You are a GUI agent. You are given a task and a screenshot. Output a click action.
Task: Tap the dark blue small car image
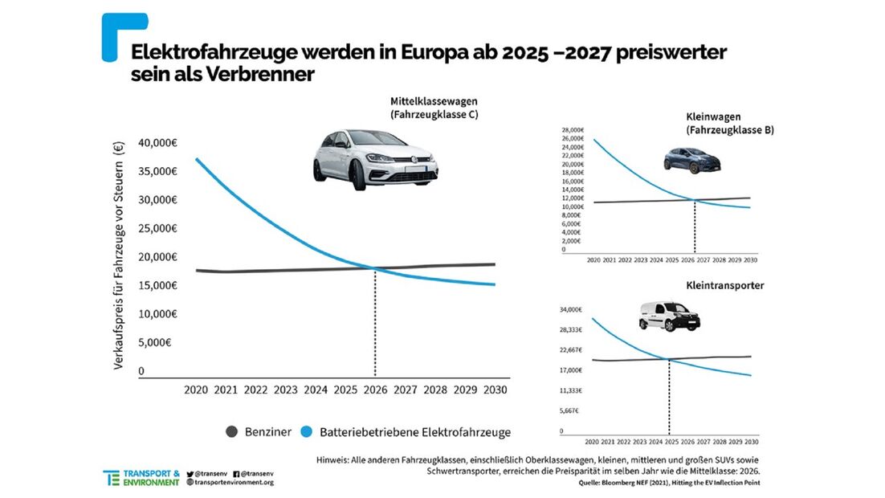point(691,159)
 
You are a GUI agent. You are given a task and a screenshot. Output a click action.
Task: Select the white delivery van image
point(669,316)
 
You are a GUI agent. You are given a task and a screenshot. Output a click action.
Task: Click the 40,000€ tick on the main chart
point(157,143)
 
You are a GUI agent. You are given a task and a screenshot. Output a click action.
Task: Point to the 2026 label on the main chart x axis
point(375,390)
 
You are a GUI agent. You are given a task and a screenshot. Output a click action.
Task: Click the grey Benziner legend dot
point(232,432)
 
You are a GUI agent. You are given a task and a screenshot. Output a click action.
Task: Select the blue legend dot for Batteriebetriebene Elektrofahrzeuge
point(306,432)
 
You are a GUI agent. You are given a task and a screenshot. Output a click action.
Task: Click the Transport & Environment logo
point(141,478)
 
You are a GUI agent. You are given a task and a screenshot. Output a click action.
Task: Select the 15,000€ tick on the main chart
point(157,285)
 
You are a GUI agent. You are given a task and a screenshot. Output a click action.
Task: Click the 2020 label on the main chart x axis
point(196,390)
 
